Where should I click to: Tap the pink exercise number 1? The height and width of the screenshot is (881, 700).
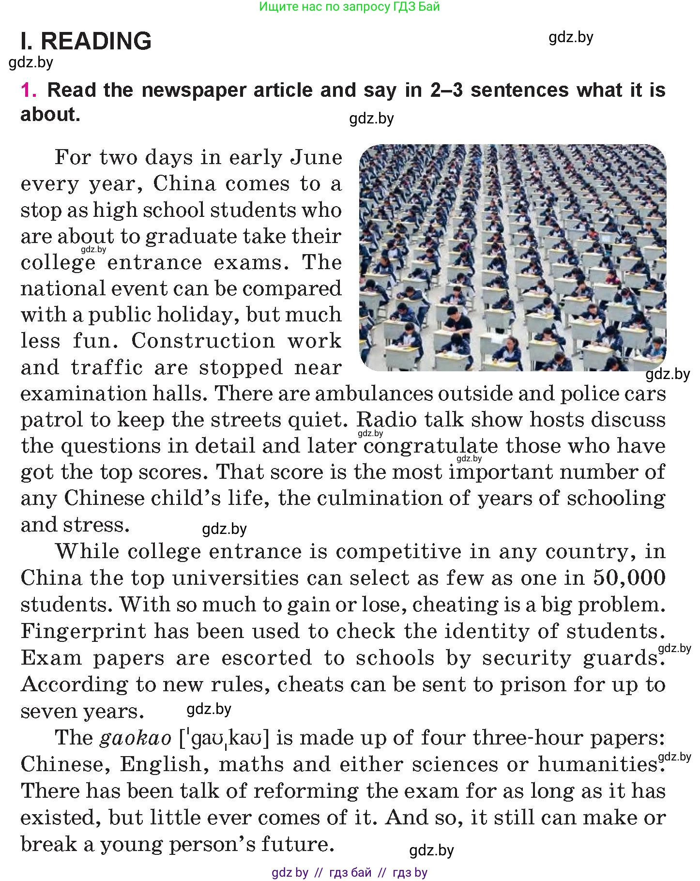pyautogui.click(x=28, y=91)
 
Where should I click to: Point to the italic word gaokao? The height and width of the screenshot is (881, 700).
pyautogui.click(x=136, y=738)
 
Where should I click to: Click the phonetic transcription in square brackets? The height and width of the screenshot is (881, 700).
pyautogui.click(x=224, y=738)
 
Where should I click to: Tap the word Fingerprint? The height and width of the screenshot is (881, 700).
pyautogui.click(x=83, y=631)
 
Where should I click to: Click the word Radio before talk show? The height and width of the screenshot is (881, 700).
pyautogui.click(x=386, y=420)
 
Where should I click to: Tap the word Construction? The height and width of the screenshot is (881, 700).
pyautogui.click(x=202, y=341)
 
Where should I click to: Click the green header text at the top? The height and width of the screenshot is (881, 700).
pyautogui.click(x=350, y=7)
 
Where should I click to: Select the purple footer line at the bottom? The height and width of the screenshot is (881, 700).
pyautogui.click(x=350, y=873)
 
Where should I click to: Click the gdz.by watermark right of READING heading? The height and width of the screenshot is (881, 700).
pyautogui.click(x=571, y=38)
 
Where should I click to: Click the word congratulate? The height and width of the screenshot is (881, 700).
pyautogui.click(x=430, y=446)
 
